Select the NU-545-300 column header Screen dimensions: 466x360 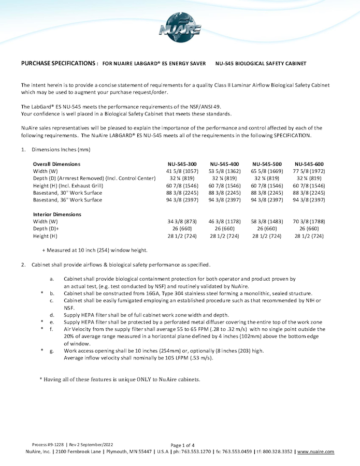tap(182, 164)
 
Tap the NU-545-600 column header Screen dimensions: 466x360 tap(310, 164)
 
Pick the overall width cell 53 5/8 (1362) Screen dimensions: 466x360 tap(224, 171)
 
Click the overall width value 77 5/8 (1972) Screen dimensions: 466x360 tap(310, 171)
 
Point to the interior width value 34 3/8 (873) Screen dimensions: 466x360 tap(182, 222)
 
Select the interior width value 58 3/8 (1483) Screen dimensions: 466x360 tap(267, 222)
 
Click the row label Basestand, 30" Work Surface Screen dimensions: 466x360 tap(67, 193)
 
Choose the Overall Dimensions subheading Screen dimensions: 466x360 tap(56, 164)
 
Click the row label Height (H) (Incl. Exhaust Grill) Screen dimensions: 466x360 tap(68, 185)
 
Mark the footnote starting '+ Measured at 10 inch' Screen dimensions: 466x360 tap(95, 250)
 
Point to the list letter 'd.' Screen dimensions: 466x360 tap(52, 315)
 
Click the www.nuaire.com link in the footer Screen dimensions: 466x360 tap(315, 452)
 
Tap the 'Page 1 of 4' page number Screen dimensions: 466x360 tap(182, 445)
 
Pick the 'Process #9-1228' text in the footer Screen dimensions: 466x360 tap(48, 445)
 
